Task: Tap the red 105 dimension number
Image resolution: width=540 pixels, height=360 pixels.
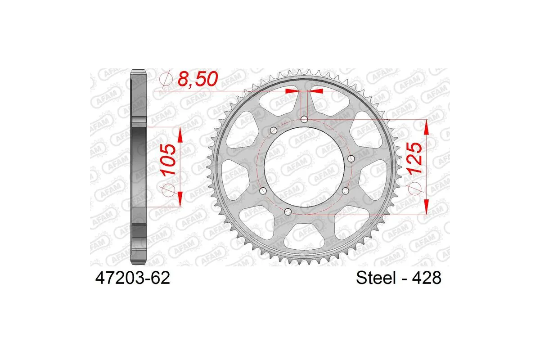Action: click(167, 160)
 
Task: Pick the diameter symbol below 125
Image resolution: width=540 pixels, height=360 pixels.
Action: click(413, 191)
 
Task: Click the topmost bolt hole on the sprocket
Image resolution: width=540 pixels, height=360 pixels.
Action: click(304, 119)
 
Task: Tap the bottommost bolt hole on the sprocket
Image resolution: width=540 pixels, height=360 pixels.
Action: click(288, 211)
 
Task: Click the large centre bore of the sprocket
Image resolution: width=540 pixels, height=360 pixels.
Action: click(297, 166)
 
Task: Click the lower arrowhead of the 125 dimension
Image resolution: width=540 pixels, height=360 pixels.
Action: click(426, 207)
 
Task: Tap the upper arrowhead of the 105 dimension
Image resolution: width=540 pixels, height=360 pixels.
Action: click(180, 134)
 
